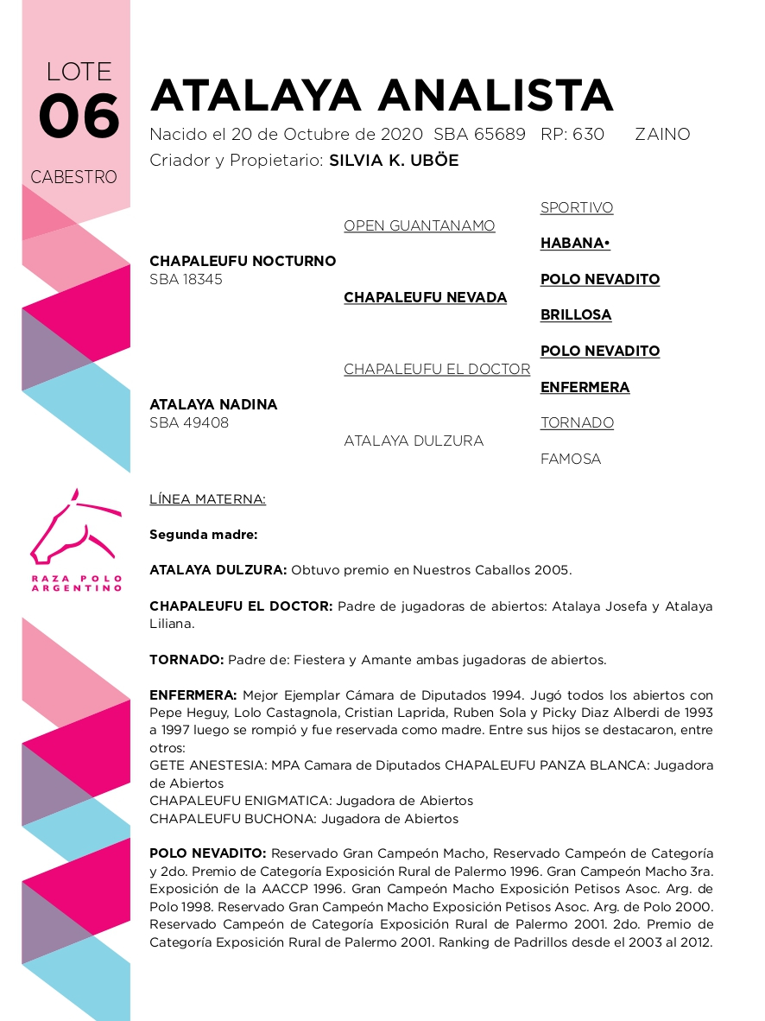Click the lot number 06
click(x=79, y=117)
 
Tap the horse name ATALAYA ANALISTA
click(x=382, y=95)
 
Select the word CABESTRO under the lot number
click(x=73, y=177)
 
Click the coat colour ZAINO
click(x=662, y=135)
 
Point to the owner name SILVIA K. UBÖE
click(x=394, y=161)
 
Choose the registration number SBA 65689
click(x=479, y=135)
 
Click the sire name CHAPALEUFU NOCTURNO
click(x=243, y=261)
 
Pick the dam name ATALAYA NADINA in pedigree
click(x=213, y=404)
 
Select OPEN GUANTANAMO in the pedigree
click(x=420, y=225)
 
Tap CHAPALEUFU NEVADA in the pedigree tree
click(x=425, y=297)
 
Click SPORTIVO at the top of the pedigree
click(x=577, y=207)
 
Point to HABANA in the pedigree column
click(x=575, y=244)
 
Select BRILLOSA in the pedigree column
click(x=576, y=315)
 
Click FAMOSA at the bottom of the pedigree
click(x=571, y=459)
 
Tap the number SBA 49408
click(x=189, y=423)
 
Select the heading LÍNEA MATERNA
click(x=207, y=499)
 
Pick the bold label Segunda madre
click(x=203, y=535)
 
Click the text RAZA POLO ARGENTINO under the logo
click(x=76, y=583)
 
